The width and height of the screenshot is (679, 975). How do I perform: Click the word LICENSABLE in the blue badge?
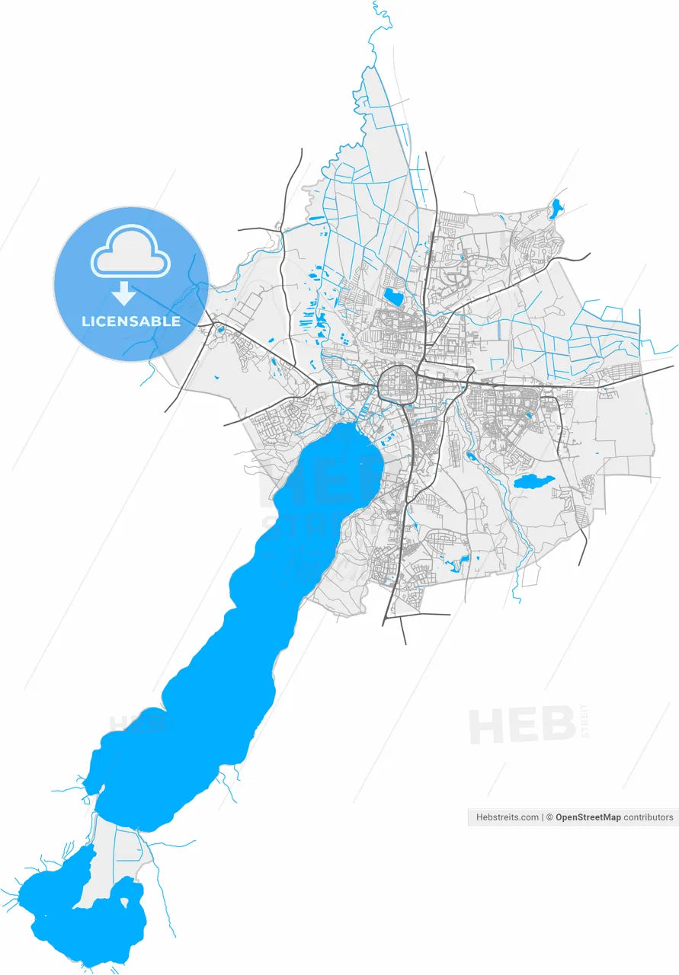[x=131, y=321]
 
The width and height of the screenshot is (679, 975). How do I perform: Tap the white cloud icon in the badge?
[x=130, y=251]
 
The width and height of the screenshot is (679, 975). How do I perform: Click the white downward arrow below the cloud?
[x=123, y=293]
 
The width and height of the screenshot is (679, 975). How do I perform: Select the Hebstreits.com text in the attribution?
[x=508, y=817]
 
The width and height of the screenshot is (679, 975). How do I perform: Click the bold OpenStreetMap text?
[x=588, y=817]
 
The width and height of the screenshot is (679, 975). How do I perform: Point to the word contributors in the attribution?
[x=649, y=817]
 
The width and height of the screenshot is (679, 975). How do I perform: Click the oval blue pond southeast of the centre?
[x=533, y=481]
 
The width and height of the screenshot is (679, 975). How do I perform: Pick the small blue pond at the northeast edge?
[x=556, y=209]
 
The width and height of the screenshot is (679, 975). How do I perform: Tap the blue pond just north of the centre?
[x=393, y=296]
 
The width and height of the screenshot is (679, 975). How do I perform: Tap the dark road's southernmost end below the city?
[x=405, y=642]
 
